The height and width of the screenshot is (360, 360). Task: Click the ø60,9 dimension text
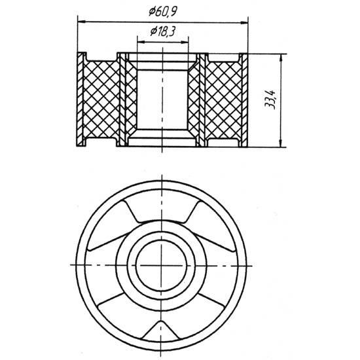pos(163,12)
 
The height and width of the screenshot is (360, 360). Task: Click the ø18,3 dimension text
pos(163,31)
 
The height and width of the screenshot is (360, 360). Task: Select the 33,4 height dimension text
pos(270,100)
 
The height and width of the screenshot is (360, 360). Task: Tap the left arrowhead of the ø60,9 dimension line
pos(82,22)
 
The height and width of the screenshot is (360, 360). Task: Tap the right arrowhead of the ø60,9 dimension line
pos(244,23)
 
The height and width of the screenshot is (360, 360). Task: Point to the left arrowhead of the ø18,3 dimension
pos(141,42)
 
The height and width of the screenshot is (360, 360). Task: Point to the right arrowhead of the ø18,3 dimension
pos(185,43)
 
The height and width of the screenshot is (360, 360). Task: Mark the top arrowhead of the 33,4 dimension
pos(281,58)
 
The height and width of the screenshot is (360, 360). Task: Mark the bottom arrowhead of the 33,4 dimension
pos(280,143)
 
